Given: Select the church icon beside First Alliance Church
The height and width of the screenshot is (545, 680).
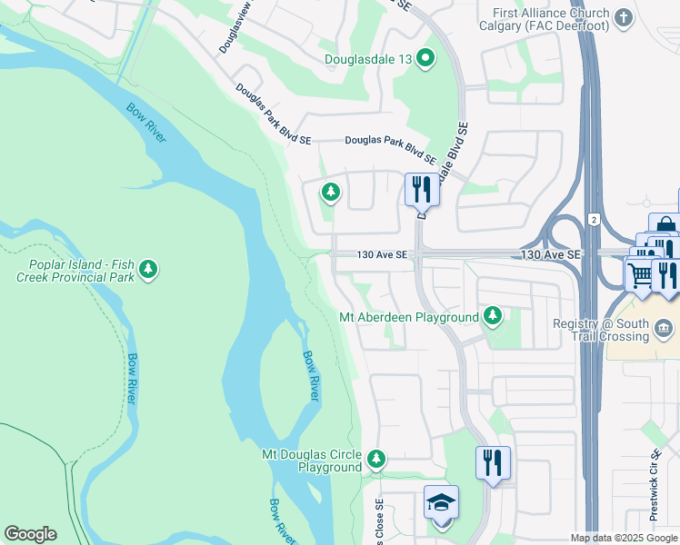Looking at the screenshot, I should click(x=624, y=17).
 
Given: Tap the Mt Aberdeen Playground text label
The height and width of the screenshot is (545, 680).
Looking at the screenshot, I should click(x=408, y=317).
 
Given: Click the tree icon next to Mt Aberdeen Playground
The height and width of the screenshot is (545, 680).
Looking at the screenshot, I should click(x=493, y=316).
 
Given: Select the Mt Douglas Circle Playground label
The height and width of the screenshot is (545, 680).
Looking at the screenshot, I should click(x=312, y=461).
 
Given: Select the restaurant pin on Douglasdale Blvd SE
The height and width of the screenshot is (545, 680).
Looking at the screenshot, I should click(x=421, y=189).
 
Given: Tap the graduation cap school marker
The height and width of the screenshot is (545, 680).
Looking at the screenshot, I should click(x=442, y=502).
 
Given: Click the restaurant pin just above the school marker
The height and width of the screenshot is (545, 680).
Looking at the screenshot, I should click(x=493, y=461).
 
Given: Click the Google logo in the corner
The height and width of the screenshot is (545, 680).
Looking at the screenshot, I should click(x=31, y=534).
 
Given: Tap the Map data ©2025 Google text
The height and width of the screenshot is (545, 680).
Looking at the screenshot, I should click(x=624, y=538).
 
